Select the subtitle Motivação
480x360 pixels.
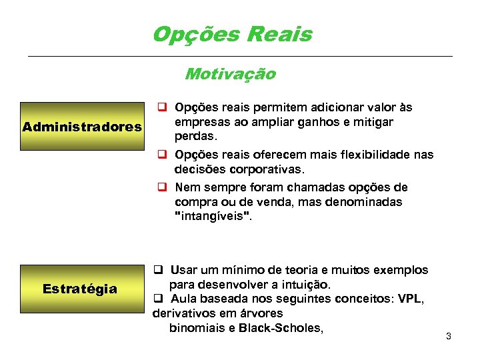click(230, 73)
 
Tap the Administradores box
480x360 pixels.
click(82, 126)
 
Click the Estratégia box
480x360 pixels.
click(79, 289)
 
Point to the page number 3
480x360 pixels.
click(449, 336)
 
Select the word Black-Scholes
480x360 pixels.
click(281, 327)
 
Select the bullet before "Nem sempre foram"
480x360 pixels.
click(161, 187)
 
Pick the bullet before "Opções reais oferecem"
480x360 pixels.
click(161, 155)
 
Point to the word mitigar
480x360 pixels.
click(373, 122)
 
